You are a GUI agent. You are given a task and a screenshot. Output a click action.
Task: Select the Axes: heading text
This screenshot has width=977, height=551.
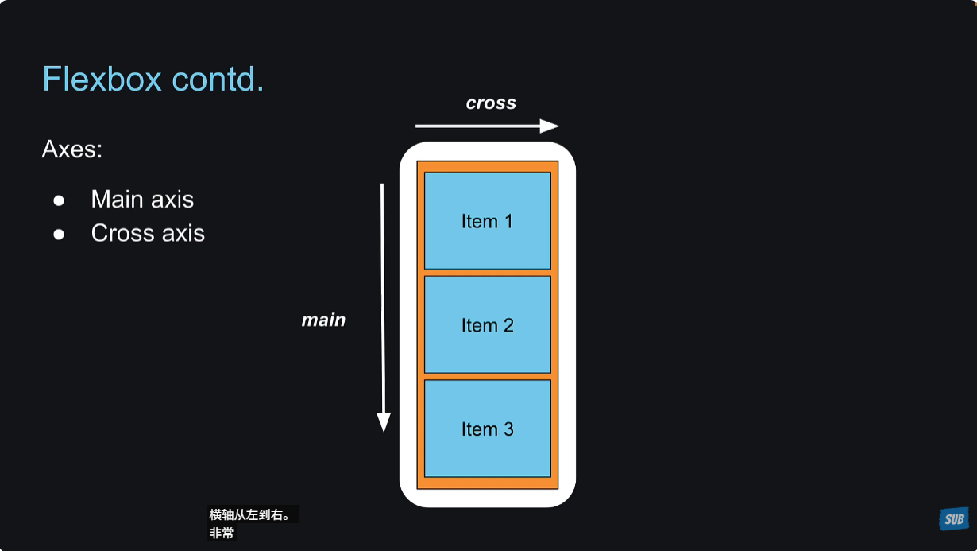[72, 149]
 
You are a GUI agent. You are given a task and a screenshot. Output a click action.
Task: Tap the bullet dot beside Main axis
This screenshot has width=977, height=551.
[59, 200]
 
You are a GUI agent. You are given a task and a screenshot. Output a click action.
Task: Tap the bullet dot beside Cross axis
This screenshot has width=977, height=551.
[59, 235]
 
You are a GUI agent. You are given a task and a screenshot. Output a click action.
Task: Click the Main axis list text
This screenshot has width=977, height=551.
[142, 199]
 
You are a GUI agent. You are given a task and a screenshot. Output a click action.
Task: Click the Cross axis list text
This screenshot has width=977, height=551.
[148, 234]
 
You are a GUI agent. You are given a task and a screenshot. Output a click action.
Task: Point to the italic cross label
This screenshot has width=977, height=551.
[491, 103]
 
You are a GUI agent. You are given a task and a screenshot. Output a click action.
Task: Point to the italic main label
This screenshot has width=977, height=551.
[323, 320]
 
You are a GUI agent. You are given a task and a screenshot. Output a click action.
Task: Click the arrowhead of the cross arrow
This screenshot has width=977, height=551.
[550, 126]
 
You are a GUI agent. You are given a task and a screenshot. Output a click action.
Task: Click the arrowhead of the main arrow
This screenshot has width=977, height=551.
[384, 422]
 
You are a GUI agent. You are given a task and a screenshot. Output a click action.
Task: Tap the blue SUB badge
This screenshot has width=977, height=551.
[953, 518]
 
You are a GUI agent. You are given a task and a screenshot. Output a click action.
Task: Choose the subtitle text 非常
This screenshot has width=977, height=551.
[222, 534]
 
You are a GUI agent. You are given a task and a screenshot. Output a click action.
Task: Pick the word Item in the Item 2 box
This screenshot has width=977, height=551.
[479, 325]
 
